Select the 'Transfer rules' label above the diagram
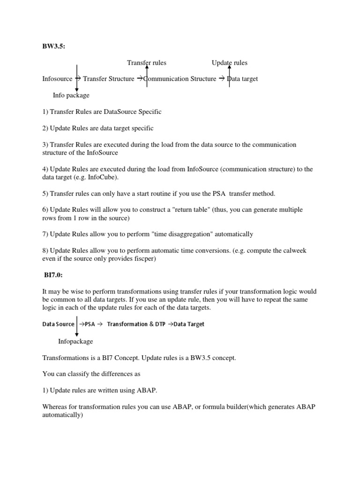[x=147, y=63]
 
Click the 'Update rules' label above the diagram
[x=230, y=63]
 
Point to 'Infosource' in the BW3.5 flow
[x=57, y=79]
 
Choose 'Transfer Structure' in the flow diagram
[x=108, y=79]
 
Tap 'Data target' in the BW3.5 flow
[x=243, y=79]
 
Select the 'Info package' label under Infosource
[x=71, y=95]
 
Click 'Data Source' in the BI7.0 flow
[x=58, y=324]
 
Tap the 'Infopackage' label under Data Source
[x=75, y=341]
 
